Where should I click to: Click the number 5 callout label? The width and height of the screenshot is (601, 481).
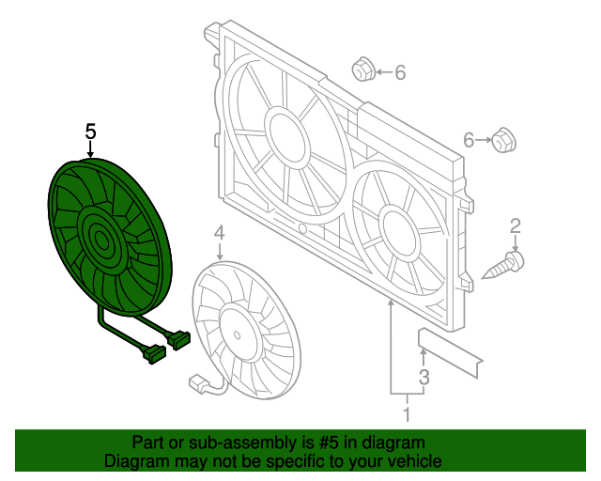90,132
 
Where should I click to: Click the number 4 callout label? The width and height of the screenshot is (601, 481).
219,232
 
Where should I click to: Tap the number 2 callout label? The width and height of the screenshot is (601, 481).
515,225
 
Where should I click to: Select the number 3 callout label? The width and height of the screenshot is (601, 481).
424,378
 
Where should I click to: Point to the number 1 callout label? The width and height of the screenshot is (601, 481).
408,412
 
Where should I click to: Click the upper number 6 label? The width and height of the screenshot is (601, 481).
399,72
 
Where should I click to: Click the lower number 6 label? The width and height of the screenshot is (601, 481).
469,141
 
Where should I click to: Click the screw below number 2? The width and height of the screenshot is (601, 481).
504,264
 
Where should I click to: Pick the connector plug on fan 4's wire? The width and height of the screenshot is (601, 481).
198,383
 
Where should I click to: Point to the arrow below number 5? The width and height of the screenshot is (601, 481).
90,150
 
